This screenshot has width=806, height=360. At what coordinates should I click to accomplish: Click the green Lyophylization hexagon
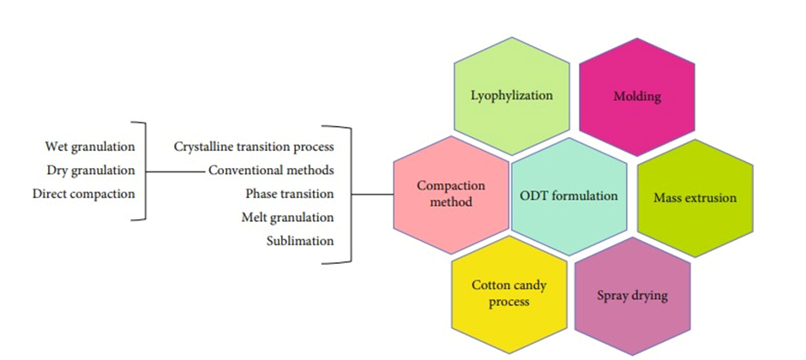pos(512,96)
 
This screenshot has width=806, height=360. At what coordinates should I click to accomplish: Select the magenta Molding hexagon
pos(637,96)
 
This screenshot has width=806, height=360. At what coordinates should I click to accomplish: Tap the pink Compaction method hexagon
pos(451,194)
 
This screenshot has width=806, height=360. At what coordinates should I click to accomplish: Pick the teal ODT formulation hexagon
pos(568,195)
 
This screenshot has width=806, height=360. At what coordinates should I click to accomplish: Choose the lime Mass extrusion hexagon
pos(695,197)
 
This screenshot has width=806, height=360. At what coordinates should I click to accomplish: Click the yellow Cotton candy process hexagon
pos(509,293)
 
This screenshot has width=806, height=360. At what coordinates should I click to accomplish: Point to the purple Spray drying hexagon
pos(632,296)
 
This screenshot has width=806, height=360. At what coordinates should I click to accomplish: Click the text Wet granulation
pos(90,147)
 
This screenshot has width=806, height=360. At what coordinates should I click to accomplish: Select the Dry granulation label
pos(91,170)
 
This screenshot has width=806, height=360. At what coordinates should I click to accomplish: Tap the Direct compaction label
pos(84,194)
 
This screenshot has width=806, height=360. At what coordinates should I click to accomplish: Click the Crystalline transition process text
pos(254,147)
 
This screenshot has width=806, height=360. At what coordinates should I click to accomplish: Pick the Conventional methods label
pos(272,170)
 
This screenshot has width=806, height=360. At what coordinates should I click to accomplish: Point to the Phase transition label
pos(290,194)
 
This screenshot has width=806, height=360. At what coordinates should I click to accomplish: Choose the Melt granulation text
pos(288,218)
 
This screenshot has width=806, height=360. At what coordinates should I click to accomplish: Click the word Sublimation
pos(300,241)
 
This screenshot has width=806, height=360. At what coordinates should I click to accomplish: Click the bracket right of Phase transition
pos(351,194)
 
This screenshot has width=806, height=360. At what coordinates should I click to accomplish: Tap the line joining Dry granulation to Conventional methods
pos(176,170)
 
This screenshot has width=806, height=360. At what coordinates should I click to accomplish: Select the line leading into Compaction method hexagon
pos(373,194)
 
